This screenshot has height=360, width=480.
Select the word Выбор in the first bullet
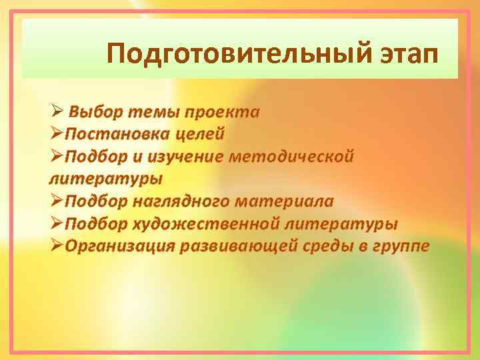click(94, 111)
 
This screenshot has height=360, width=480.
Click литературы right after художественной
click(347, 223)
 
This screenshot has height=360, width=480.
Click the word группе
click(400, 246)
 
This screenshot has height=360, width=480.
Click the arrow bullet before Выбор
click(57, 111)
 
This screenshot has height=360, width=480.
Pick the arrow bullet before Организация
click(57, 246)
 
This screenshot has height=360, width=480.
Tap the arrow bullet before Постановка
click(57, 133)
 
